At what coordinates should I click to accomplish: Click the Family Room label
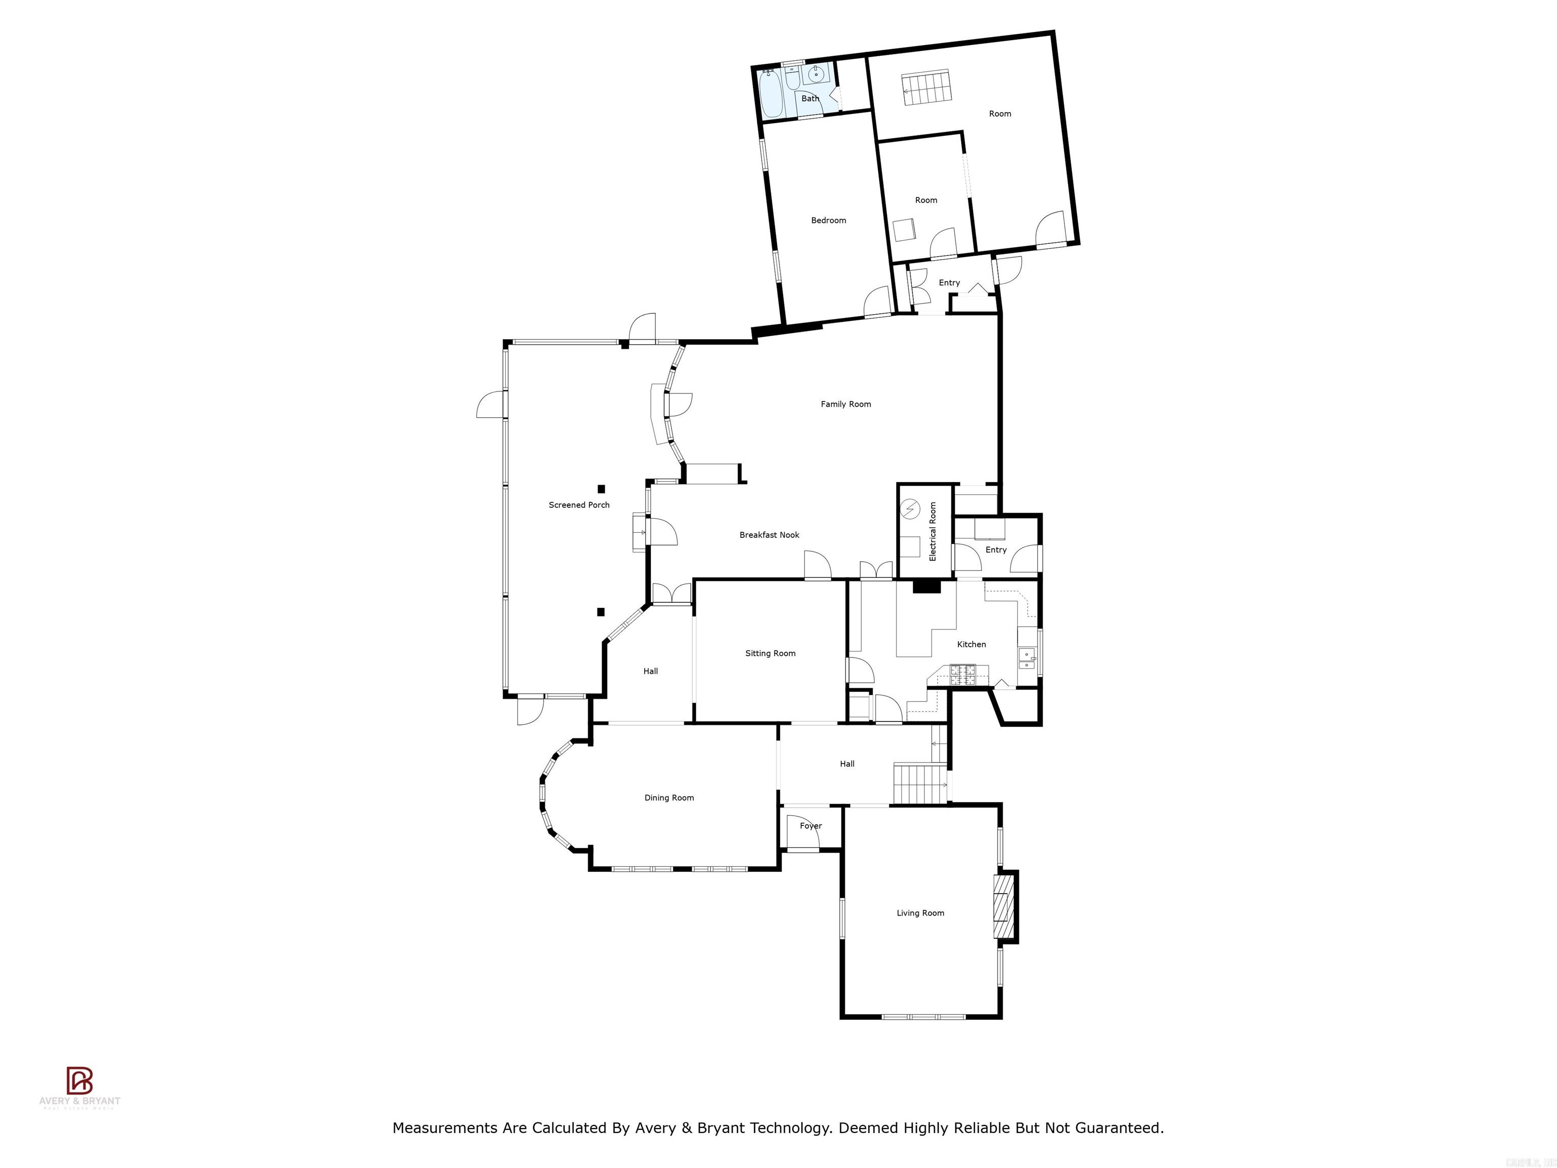click(x=845, y=404)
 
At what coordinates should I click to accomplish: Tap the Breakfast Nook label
click(x=769, y=535)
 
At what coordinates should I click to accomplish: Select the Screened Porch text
click(x=579, y=505)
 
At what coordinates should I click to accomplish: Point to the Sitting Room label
click(x=770, y=653)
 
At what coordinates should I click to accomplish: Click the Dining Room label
click(x=669, y=797)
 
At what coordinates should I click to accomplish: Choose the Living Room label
click(x=920, y=913)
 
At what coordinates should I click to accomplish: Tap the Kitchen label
click(x=972, y=644)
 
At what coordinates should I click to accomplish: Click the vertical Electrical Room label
click(x=933, y=532)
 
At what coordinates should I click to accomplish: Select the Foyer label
click(x=810, y=826)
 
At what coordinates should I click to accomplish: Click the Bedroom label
click(x=829, y=221)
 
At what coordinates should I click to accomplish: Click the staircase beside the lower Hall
click(x=919, y=782)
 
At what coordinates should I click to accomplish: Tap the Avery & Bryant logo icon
click(x=80, y=1081)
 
